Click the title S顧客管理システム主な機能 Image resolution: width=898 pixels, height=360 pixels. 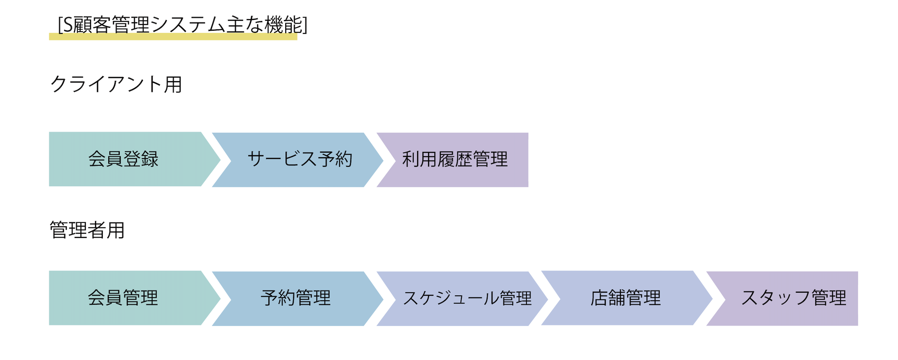click(x=183, y=25)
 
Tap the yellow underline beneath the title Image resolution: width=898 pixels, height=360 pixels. click(x=173, y=36)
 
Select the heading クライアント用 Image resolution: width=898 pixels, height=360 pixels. click(x=116, y=84)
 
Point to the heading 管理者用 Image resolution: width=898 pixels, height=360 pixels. click(x=87, y=230)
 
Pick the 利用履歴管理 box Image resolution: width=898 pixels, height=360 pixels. click(x=455, y=160)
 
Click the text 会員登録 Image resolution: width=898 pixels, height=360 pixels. click(x=123, y=159)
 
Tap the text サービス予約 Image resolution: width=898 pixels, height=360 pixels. click(x=300, y=159)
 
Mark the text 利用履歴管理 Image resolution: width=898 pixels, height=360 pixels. click(x=455, y=159)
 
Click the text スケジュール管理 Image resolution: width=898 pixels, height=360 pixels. click(x=467, y=298)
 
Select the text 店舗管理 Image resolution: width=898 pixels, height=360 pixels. click(x=626, y=298)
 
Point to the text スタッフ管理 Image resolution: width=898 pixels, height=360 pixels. click(x=794, y=298)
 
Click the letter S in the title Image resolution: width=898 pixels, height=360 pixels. click(x=68, y=25)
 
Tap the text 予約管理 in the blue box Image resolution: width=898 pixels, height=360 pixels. click(x=296, y=298)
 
